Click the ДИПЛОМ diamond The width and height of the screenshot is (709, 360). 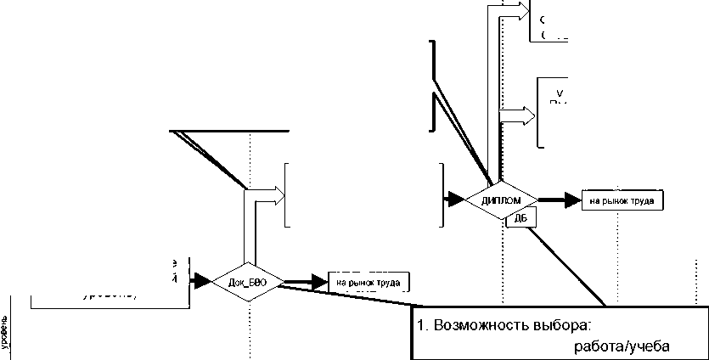click(501, 201)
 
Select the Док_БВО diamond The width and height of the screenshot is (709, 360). click(249, 281)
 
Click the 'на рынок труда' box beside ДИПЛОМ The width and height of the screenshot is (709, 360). click(622, 201)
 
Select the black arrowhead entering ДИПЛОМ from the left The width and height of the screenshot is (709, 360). click(457, 200)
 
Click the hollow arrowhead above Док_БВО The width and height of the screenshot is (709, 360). click(277, 194)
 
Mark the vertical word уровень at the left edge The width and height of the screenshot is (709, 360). click(7, 330)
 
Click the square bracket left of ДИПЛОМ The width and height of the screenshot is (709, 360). click(442, 195)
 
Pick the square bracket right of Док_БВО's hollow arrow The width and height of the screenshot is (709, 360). click(288, 194)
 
